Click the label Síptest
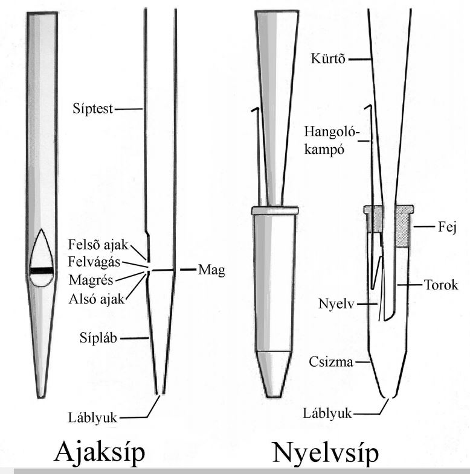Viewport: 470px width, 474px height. (92, 109)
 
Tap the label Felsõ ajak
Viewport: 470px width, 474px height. (98, 245)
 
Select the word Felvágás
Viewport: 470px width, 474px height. (94, 262)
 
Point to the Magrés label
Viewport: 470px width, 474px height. (91, 280)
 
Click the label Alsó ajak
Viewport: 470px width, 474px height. (97, 299)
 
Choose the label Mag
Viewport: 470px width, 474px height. (211, 270)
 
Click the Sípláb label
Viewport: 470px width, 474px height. (98, 338)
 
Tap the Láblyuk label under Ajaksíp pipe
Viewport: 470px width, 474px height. (92, 418)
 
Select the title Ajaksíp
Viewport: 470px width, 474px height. (100, 452)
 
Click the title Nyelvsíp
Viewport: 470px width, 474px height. (326, 453)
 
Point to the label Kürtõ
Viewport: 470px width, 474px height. (328, 58)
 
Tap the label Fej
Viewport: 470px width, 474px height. (447, 227)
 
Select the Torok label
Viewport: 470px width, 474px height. (440, 285)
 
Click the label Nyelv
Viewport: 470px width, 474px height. (336, 304)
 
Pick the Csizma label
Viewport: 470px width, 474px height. (331, 362)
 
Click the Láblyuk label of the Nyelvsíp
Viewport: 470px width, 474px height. (327, 413)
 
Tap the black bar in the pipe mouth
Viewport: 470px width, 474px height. (42, 271)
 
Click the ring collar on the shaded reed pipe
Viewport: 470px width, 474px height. (275, 210)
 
